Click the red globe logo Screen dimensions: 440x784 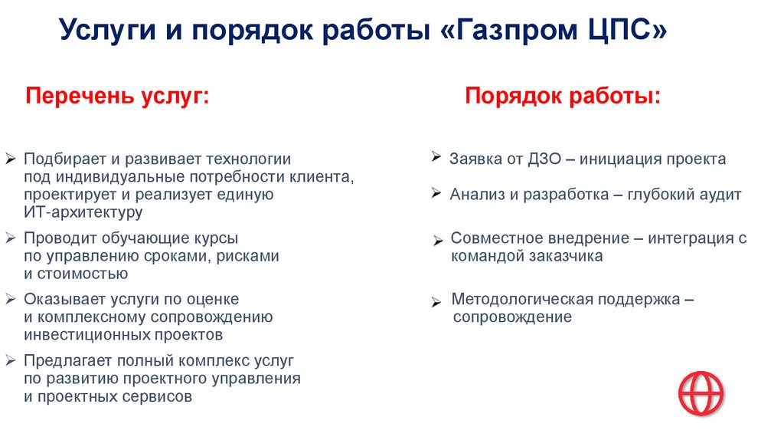pyautogui.click(x=701, y=393)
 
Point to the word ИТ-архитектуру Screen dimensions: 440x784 pyautogui.click(x=83, y=212)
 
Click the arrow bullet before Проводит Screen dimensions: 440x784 pyautogui.click(x=10, y=239)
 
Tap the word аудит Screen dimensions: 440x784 pyautogui.click(x=720, y=195)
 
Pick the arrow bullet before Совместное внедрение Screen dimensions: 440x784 pyautogui.click(x=438, y=241)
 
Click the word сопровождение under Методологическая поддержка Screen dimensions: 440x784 pyautogui.click(x=511, y=317)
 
